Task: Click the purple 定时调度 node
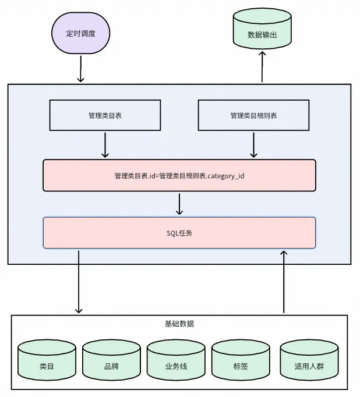[x=80, y=34]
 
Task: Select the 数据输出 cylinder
[x=262, y=33]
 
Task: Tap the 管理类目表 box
[x=105, y=115]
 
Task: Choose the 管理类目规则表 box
[x=253, y=115]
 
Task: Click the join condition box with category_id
[x=179, y=175]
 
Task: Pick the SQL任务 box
[x=179, y=233]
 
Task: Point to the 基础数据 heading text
[x=179, y=324]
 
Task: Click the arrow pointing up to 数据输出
[x=262, y=67]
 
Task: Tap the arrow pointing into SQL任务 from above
[x=179, y=204]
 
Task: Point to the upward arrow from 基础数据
[x=284, y=282]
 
